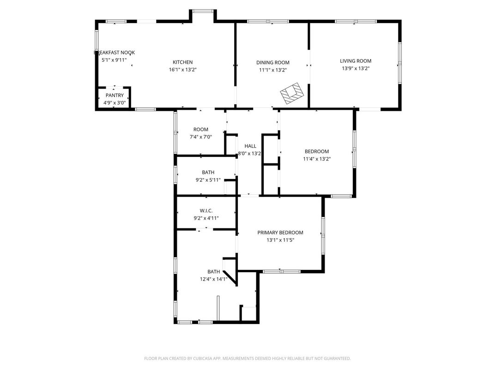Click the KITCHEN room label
(182, 62)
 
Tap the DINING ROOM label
(273, 63)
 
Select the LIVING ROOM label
(356, 61)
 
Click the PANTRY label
(115, 96)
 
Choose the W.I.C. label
(206, 211)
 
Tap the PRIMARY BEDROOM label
(280, 233)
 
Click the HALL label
(250, 146)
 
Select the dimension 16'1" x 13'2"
(182, 70)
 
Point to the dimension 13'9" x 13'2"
(356, 68)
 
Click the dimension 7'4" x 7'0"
(201, 137)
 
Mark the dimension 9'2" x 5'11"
(208, 180)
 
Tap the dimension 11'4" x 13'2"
(317, 159)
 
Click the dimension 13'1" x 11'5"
(280, 240)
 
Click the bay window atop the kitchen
(203, 12)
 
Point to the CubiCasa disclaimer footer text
(247, 359)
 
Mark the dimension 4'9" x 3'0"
(115, 103)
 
